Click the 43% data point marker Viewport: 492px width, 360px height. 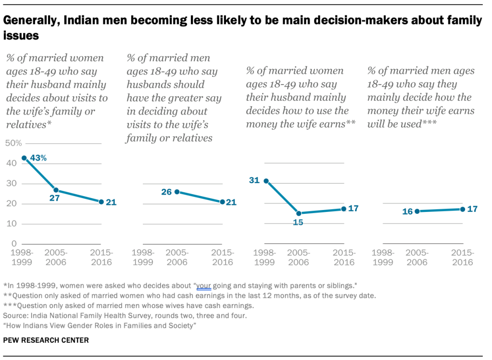click(24, 158)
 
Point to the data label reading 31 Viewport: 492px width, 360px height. click(254, 180)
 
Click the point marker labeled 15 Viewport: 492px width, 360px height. click(299, 213)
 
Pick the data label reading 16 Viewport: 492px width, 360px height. click(407, 211)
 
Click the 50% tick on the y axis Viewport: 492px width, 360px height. click(13, 143)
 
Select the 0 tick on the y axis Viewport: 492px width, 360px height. click(14, 244)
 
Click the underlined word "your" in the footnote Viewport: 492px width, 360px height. click(204, 285)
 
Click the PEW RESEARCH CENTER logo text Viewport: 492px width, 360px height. click(46, 340)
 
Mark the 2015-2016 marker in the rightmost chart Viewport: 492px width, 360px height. click(463, 209)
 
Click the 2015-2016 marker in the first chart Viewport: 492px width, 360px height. click(101, 202)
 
